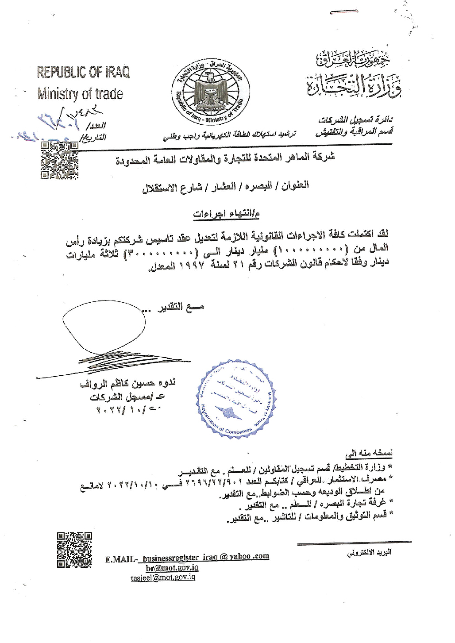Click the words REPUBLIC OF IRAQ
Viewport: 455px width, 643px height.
click(83, 73)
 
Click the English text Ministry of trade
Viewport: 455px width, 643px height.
click(80, 94)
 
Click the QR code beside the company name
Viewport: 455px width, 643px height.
click(59, 161)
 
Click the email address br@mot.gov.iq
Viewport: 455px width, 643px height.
click(172, 568)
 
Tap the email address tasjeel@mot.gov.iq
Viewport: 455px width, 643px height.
click(163, 578)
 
